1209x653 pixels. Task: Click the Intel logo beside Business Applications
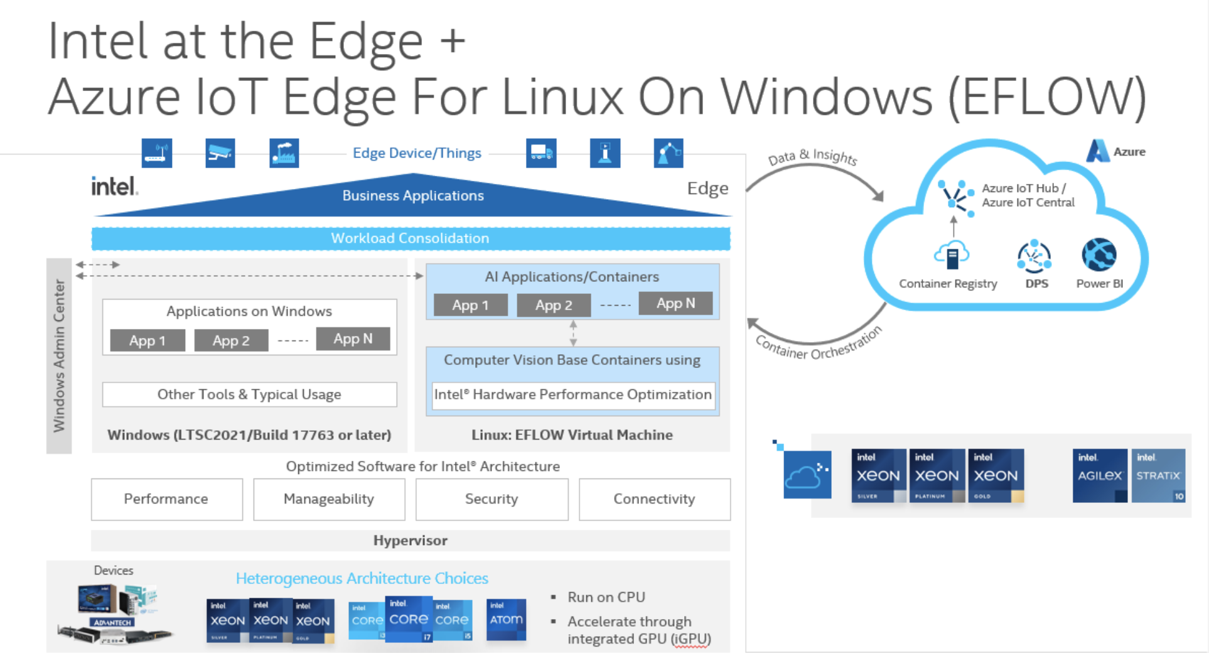click(x=114, y=186)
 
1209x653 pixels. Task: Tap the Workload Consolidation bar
click(x=411, y=239)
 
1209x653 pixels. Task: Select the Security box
click(x=492, y=499)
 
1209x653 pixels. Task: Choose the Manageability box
click(x=329, y=499)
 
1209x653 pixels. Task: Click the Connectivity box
click(x=654, y=499)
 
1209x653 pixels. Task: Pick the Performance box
click(x=166, y=499)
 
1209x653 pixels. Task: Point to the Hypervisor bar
click(x=411, y=541)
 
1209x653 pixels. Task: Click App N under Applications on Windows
click(x=353, y=339)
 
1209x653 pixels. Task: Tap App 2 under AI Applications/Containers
click(x=554, y=305)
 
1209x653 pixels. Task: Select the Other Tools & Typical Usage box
click(x=249, y=394)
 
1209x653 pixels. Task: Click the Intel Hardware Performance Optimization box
click(x=573, y=395)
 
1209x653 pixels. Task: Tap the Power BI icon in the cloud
click(x=1099, y=255)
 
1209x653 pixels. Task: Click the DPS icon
click(x=1034, y=256)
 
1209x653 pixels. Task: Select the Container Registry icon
click(x=952, y=254)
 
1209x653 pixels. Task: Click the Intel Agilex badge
click(x=1100, y=475)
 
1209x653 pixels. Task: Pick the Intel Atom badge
click(x=506, y=619)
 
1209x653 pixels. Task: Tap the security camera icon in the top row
click(x=220, y=153)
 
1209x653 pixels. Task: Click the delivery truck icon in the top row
click(x=541, y=153)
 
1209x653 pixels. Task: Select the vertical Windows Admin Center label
click(x=59, y=355)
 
